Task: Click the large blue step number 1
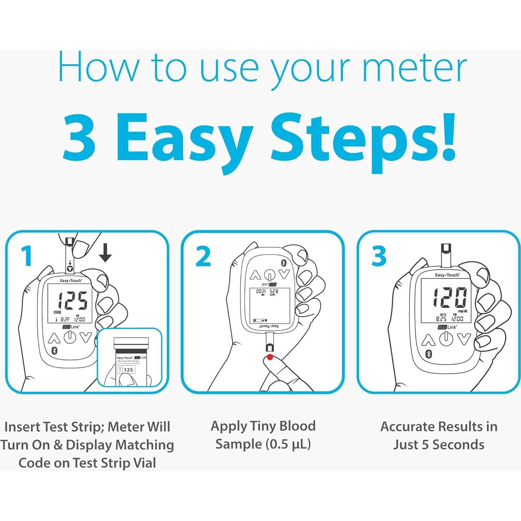26,256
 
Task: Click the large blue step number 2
203,256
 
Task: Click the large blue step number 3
379,256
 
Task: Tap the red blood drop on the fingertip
270,357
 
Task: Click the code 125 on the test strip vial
128,370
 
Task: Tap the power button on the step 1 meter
70,337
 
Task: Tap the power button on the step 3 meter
446,339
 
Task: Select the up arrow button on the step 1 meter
54,338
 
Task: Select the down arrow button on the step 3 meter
464,339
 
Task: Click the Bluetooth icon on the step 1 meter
54,351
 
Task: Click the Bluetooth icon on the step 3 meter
428,353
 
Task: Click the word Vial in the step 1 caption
143,463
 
